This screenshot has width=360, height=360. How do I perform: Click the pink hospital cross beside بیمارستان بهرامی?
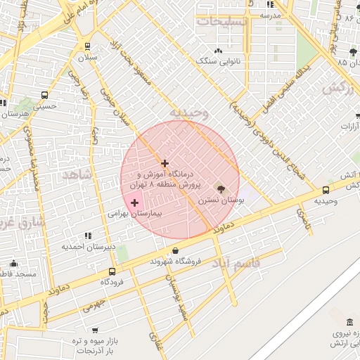135,202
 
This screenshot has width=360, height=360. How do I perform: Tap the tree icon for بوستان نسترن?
222,188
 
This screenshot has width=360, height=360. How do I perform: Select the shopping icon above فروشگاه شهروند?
175,250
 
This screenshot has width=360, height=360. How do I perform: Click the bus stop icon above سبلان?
87,46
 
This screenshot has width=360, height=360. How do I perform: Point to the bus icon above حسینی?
45,95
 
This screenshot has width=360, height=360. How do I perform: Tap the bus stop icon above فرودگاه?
112,271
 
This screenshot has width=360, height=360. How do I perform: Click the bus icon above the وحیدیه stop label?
326,190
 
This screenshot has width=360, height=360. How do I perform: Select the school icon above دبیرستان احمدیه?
87,236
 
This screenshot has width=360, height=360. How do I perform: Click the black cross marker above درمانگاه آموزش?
165,163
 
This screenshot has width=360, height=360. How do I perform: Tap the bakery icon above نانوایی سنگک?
218,51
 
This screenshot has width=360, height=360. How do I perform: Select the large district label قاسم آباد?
255,262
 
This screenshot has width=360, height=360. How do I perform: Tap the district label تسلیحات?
224,22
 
